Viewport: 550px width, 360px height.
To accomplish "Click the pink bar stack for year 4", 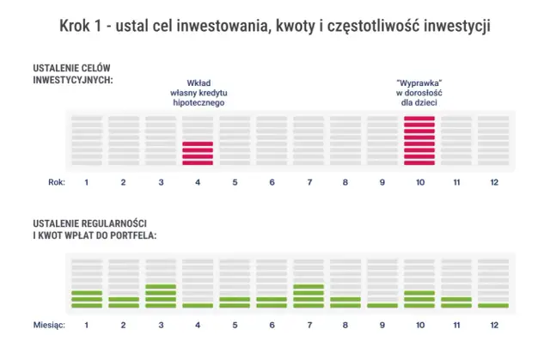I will [x=198, y=153].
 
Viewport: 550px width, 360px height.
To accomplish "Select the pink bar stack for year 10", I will [x=419, y=140].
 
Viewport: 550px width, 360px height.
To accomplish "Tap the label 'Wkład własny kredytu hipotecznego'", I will [x=199, y=93].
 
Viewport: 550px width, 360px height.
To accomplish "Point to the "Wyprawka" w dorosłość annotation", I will [x=419, y=93].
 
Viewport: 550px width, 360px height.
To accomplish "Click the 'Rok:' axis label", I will [x=54, y=182].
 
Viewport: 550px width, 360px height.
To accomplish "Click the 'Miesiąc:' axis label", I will [x=49, y=325].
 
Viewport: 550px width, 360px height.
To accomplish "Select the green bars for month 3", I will [x=161, y=296].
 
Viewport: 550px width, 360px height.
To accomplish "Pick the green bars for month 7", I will [x=309, y=296].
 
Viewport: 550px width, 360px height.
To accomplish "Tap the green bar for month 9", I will [x=382, y=305].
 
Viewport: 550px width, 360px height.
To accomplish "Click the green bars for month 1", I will [x=87, y=299].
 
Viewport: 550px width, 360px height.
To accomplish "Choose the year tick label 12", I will [x=493, y=182].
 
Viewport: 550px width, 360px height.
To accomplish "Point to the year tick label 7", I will [x=309, y=182].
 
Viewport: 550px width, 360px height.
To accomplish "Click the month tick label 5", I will [x=235, y=325].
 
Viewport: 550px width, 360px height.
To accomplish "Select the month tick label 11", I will [x=456, y=325].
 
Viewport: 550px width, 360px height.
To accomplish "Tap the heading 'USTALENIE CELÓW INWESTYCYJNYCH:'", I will [x=73, y=73].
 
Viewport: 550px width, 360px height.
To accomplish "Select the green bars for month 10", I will [x=419, y=299].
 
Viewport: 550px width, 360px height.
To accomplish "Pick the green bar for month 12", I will [x=493, y=305].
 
